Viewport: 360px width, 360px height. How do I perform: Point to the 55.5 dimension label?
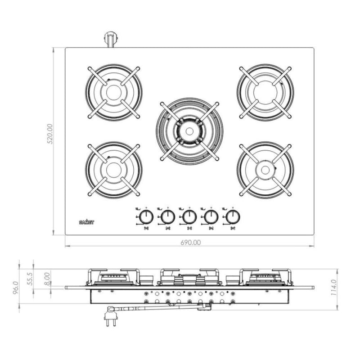(30, 277)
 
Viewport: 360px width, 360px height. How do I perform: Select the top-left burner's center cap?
(113, 92)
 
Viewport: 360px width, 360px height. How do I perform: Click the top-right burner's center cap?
(265, 92)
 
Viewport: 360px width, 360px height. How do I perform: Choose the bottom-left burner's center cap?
(113, 170)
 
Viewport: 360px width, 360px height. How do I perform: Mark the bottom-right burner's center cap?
(265, 170)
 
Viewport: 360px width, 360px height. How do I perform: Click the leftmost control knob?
(146, 217)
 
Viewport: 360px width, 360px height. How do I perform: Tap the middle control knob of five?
(189, 217)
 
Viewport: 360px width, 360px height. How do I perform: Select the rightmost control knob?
(233, 217)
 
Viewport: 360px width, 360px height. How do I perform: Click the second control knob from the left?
(168, 217)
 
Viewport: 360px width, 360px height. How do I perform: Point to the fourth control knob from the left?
(211, 217)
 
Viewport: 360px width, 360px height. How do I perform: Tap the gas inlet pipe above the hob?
(110, 39)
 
